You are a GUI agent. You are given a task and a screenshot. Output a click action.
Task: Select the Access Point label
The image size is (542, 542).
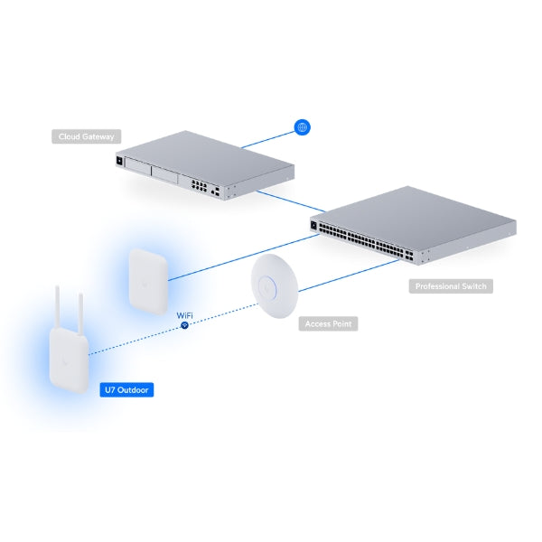pos(329,322)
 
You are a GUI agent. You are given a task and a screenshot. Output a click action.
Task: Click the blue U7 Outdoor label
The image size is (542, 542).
pos(126,390)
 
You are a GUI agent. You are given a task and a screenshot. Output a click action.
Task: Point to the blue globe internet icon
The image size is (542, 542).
pos(302,127)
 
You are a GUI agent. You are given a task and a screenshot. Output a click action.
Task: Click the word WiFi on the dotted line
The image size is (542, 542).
pos(183,314)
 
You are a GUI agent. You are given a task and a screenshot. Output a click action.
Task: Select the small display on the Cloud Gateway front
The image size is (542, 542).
pos(117,161)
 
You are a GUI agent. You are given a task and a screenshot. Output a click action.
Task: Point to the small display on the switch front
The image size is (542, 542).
pos(315,226)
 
